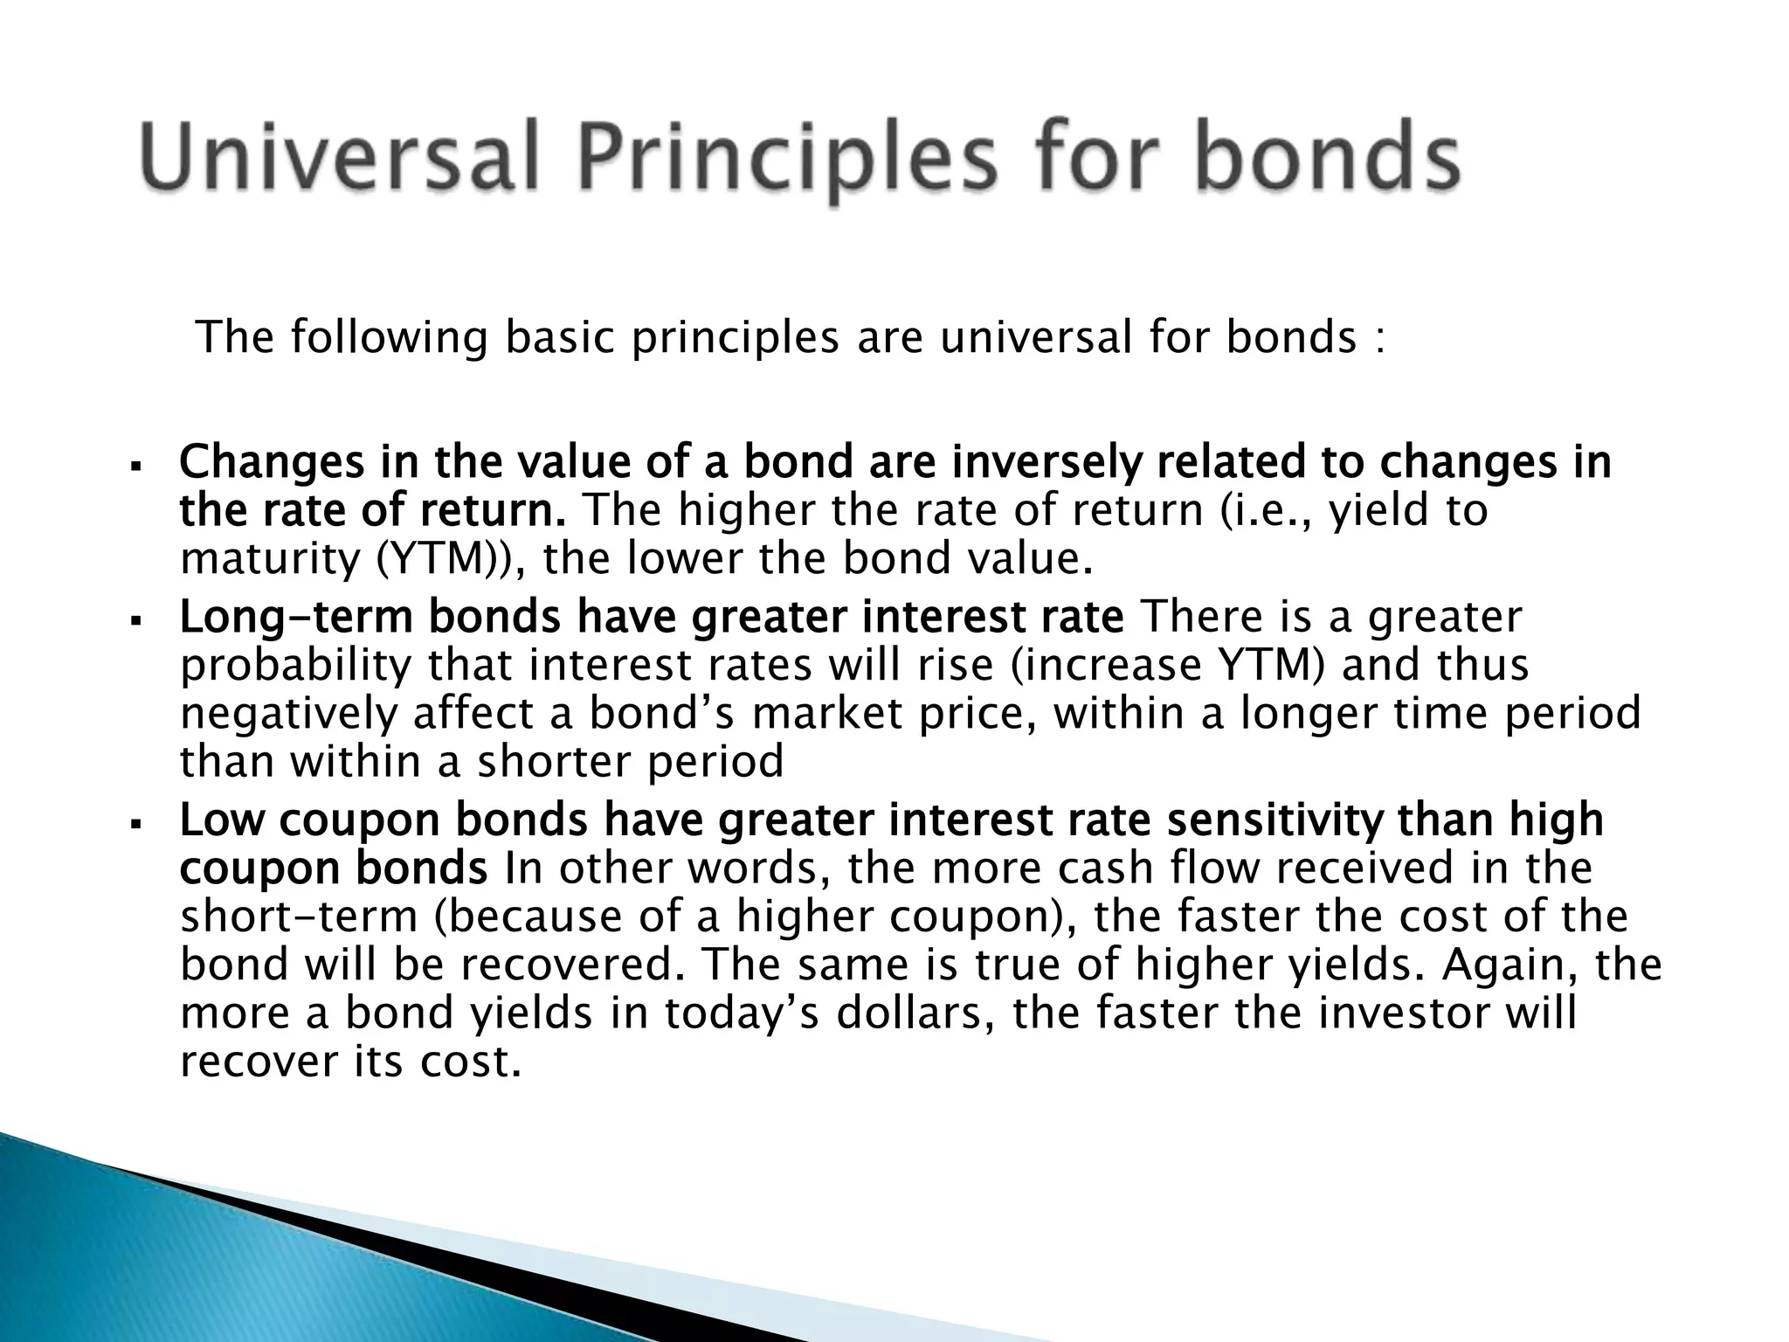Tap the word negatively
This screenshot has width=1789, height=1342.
pyautogui.click(x=288, y=714)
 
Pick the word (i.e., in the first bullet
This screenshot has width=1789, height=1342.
pyautogui.click(x=1264, y=510)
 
